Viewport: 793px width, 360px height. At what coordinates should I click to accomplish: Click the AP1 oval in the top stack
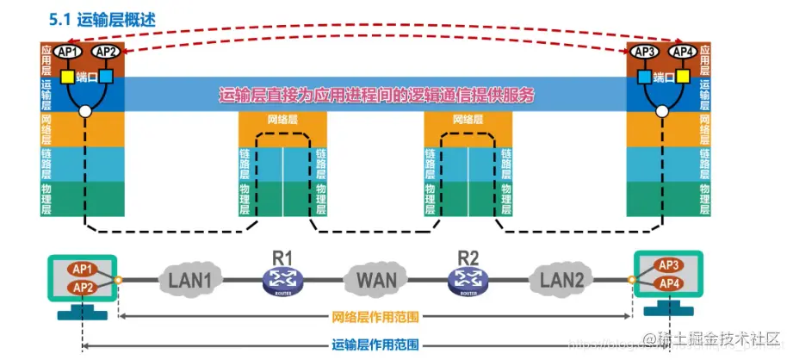tap(68, 53)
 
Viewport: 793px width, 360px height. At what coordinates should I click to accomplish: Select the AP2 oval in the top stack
tap(104, 53)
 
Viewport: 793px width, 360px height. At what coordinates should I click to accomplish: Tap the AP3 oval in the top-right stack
tap(645, 53)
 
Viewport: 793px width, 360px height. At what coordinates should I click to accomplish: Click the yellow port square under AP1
tap(65, 78)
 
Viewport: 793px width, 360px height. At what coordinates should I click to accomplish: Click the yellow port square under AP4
tap(683, 78)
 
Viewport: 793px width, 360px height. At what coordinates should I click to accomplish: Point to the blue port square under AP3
tap(643, 78)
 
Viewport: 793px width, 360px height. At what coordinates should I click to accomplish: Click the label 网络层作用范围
tap(375, 317)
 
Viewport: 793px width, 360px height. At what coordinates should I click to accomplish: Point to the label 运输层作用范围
tap(375, 345)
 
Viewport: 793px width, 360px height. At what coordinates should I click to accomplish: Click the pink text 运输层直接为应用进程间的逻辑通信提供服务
tap(377, 96)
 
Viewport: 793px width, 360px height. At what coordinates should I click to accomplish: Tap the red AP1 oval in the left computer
tap(84, 268)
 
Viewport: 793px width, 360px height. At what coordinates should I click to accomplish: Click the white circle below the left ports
tap(84, 111)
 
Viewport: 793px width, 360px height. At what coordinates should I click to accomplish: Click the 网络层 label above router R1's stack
tap(282, 120)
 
